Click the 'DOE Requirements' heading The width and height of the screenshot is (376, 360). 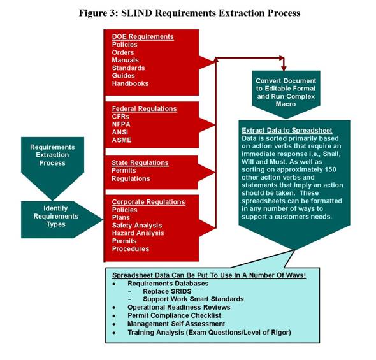click(x=143, y=37)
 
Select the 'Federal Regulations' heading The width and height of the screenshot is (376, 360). click(x=144, y=109)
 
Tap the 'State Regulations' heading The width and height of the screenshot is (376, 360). click(x=140, y=162)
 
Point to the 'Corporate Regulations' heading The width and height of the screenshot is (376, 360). click(x=148, y=202)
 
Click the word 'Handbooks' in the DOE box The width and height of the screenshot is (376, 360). click(x=130, y=83)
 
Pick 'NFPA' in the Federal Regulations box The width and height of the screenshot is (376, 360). click(x=121, y=124)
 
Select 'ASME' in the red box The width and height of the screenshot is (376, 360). click(x=122, y=140)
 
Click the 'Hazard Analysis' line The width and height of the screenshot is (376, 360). click(x=138, y=233)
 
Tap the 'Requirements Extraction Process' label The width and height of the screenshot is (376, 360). click(x=52, y=155)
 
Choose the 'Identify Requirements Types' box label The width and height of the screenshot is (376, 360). click(x=55, y=216)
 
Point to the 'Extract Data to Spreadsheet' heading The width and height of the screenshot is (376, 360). click(x=287, y=131)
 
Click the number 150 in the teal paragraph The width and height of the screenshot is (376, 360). click(x=330, y=169)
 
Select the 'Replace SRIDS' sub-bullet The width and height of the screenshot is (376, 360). click(x=167, y=291)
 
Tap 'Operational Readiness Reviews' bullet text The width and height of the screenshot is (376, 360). click(x=178, y=307)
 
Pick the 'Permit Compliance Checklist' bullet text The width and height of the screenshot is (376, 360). click(x=174, y=315)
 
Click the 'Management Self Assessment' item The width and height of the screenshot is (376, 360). click(x=176, y=324)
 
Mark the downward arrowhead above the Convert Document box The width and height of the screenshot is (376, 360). click(x=284, y=68)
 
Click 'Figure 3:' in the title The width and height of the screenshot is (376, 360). click(x=99, y=13)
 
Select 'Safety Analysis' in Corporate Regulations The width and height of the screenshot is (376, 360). click(x=137, y=226)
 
